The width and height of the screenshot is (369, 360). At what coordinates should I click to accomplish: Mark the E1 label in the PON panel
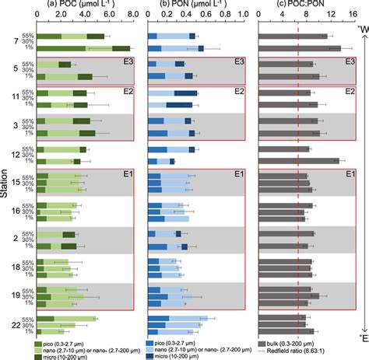240,174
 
